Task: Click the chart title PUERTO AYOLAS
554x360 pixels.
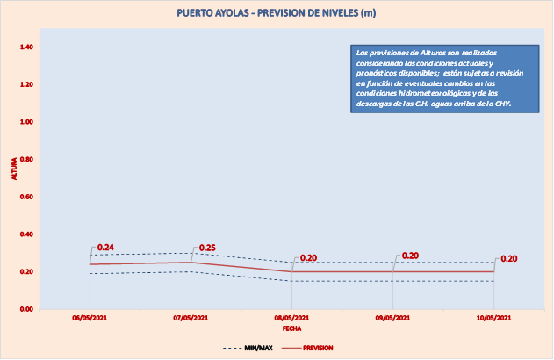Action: pos(277,13)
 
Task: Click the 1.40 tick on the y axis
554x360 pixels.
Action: pos(25,47)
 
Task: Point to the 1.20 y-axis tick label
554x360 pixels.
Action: pos(25,84)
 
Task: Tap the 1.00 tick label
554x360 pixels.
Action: pos(25,122)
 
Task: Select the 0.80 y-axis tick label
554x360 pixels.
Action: pos(25,159)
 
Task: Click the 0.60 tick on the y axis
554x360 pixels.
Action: pos(25,197)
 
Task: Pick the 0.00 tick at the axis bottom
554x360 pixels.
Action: pos(25,309)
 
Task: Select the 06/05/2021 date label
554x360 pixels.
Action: pos(90,317)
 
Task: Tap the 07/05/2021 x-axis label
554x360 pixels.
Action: pos(191,317)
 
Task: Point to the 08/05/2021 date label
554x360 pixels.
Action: pos(292,317)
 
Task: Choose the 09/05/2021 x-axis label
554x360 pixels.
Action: pos(394,317)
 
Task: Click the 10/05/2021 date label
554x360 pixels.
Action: pos(495,317)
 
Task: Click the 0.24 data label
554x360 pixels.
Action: pos(106,248)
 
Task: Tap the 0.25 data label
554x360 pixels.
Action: pos(207,248)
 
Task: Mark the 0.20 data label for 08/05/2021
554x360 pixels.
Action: pos(308,258)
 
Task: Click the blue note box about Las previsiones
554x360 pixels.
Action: pos(440,78)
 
